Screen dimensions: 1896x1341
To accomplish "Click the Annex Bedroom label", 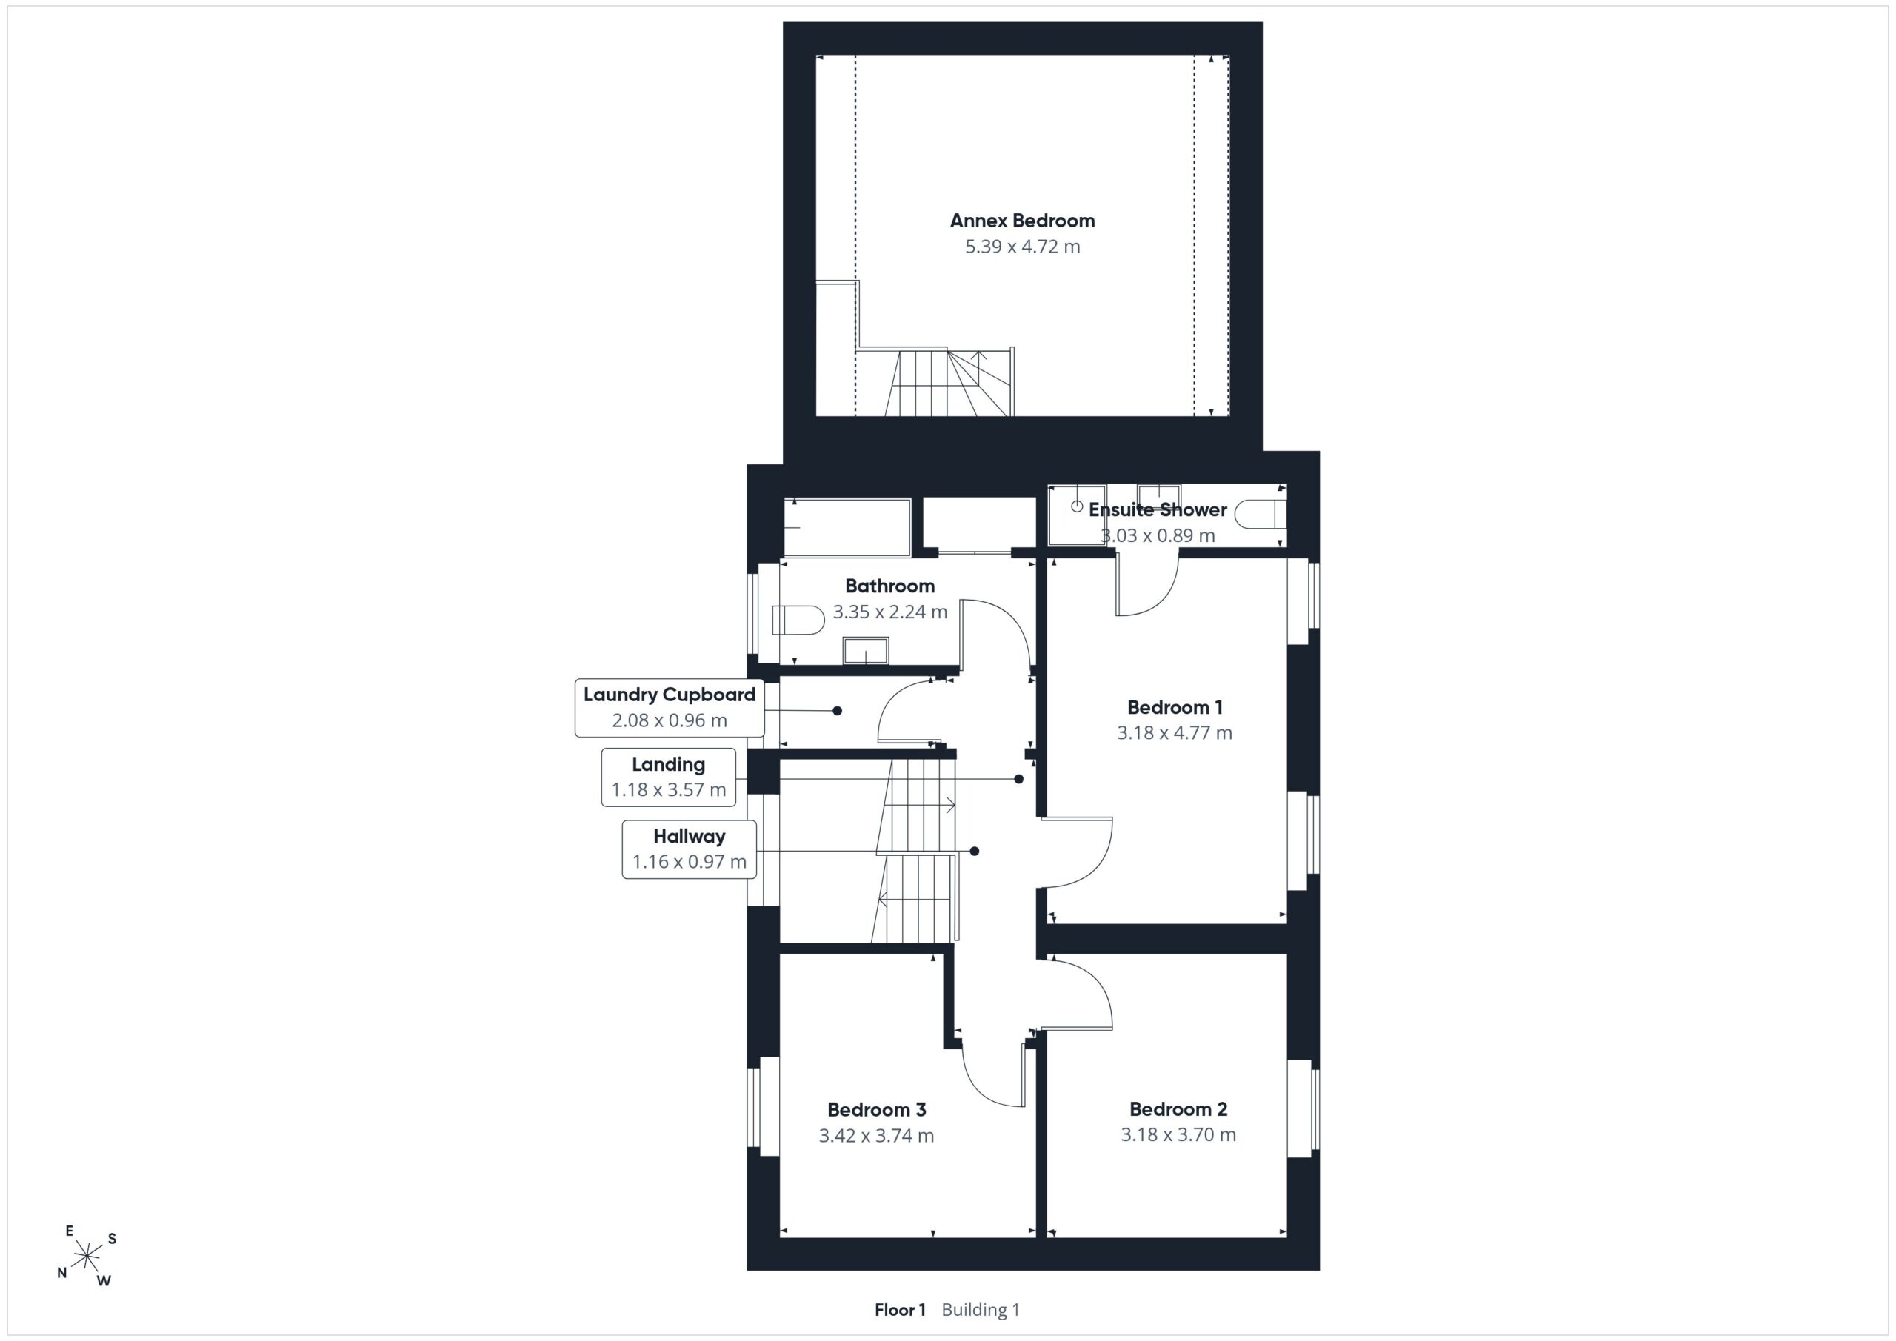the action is [x=1022, y=221].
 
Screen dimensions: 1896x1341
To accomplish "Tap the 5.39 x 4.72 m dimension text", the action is [x=1022, y=246].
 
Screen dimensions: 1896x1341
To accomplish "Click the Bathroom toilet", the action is [x=798, y=620].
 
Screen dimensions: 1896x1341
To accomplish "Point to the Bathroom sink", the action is [x=866, y=650].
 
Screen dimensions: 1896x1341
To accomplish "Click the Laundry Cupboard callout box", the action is [x=670, y=708].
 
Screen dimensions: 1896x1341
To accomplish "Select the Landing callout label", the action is [x=669, y=777].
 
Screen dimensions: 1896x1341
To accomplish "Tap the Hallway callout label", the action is [x=690, y=849].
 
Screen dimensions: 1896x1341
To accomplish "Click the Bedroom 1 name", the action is [x=1175, y=707].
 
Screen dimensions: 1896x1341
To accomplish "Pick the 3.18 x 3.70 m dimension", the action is [x=1178, y=1134].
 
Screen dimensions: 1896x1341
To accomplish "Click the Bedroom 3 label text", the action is [x=876, y=1109].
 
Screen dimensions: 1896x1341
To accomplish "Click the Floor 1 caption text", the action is [x=900, y=1310].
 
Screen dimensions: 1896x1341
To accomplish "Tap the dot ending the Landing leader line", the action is [x=1019, y=779].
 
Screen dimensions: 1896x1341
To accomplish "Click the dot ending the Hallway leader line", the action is [x=975, y=851].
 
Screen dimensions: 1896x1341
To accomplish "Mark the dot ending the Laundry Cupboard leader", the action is [x=838, y=710].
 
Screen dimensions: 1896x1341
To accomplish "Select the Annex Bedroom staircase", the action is [x=949, y=382].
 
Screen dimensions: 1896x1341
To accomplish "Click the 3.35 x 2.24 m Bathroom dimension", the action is [x=890, y=612].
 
